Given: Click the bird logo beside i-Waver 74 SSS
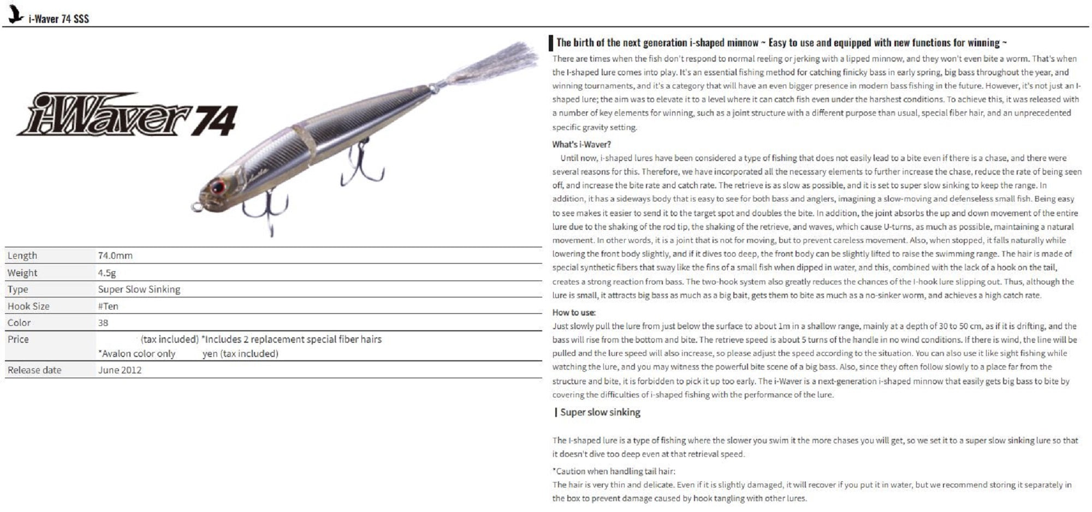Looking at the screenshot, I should [x=15, y=15].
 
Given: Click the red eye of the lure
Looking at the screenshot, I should [x=217, y=187].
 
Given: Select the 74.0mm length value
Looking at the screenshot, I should [x=115, y=255].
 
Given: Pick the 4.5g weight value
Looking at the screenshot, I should [x=107, y=273].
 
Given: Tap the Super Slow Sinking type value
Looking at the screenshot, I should [x=139, y=289].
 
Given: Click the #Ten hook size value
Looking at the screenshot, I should [x=108, y=306].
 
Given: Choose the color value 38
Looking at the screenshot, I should [x=103, y=323].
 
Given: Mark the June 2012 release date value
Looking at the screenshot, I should [x=120, y=370].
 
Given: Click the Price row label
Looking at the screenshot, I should [x=18, y=340].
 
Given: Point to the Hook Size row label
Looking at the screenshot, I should [x=28, y=306].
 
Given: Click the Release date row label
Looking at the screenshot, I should [x=34, y=370].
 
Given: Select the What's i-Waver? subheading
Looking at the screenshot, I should [x=581, y=145].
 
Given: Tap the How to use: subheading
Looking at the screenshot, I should [x=574, y=313].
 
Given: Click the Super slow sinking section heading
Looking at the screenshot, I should [x=600, y=413].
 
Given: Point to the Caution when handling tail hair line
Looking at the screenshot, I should [x=614, y=471].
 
